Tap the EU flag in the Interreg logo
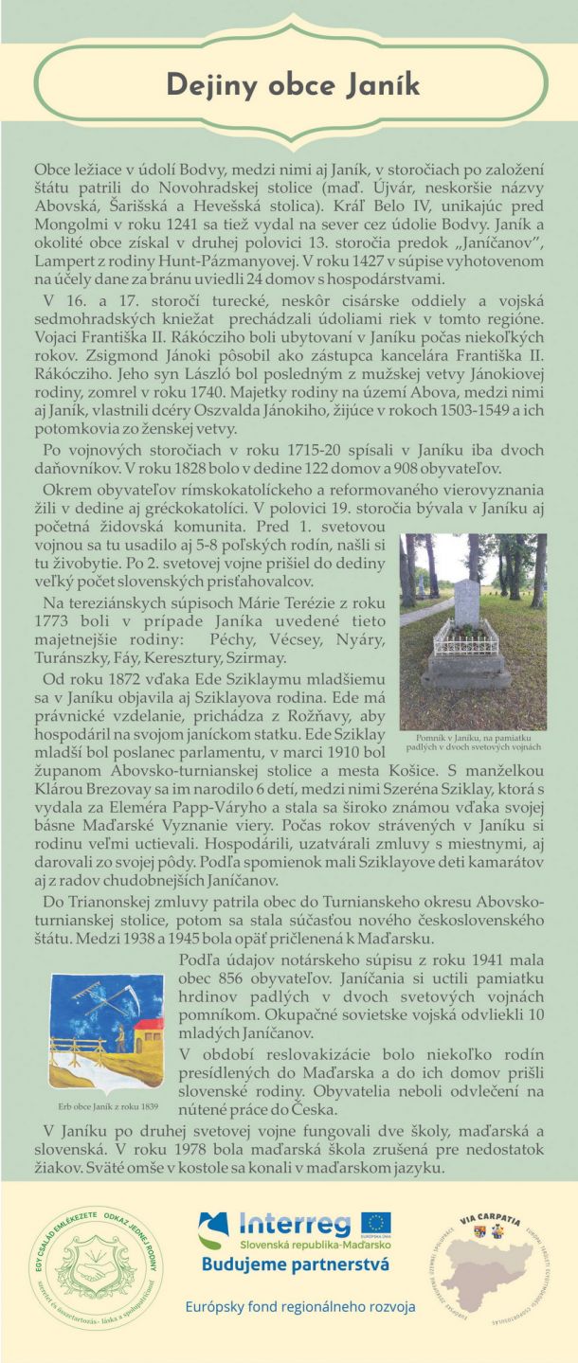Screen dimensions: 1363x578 375,1225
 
